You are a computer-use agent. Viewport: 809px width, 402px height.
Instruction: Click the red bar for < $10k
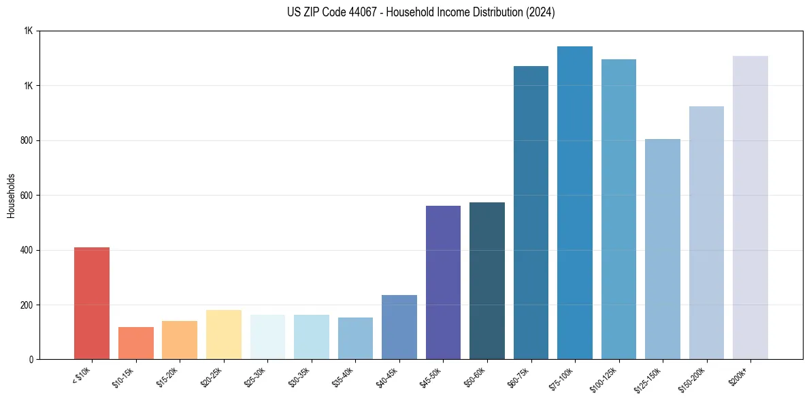click(x=92, y=303)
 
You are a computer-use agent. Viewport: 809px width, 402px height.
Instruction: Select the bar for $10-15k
click(x=135, y=343)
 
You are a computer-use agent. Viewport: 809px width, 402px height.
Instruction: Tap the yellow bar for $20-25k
click(x=223, y=335)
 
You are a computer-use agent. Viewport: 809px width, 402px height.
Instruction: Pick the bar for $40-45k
click(x=399, y=327)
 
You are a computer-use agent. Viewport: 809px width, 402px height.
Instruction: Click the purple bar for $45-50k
click(x=443, y=282)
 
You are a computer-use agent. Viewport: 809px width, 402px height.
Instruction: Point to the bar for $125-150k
click(x=662, y=249)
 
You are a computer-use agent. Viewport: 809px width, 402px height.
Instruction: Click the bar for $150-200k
click(x=706, y=232)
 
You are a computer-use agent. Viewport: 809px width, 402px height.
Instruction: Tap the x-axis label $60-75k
click(x=520, y=377)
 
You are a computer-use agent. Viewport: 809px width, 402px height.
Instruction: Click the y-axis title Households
click(x=12, y=196)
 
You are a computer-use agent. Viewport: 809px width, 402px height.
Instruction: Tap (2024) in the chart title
click(x=540, y=13)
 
